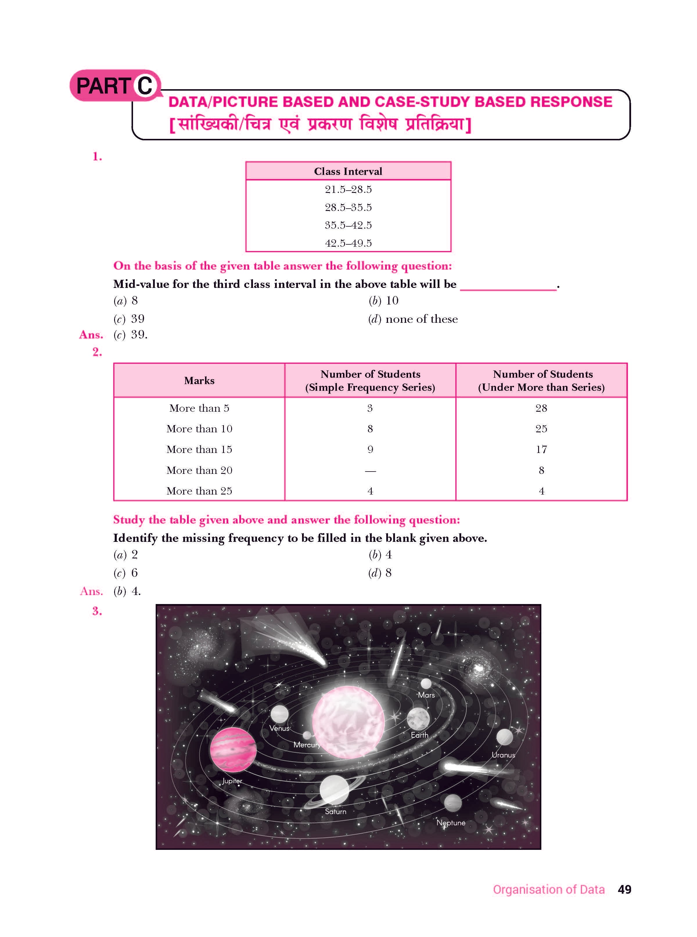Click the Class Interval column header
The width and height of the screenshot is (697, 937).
348,171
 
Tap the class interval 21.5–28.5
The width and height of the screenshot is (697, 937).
348,189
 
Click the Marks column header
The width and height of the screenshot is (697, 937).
199,381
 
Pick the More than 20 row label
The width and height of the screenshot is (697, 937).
199,470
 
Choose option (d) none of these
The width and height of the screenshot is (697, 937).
413,319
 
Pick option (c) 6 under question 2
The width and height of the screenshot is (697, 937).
126,573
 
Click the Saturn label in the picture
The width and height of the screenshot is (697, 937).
335,811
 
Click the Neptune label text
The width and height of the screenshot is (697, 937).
451,823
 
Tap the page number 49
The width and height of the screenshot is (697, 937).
624,889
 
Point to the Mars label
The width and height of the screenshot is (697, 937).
426,695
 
